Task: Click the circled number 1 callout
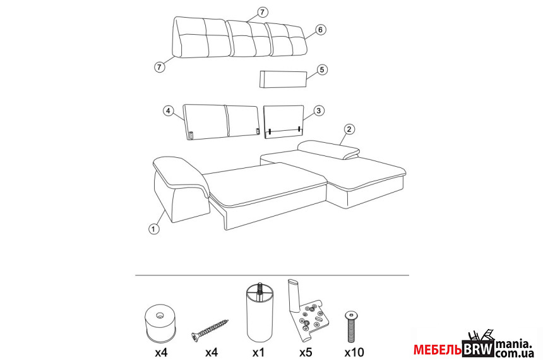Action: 153,229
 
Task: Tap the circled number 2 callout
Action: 349,129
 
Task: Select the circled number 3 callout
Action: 319,111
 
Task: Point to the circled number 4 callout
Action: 168,111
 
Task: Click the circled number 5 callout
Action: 322,69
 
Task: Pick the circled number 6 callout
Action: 320,30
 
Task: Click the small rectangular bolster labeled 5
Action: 283,80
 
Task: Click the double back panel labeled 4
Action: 221,122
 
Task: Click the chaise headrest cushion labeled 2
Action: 329,149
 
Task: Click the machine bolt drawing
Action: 352,326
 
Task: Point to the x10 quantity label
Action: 354,352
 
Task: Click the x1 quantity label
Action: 258,352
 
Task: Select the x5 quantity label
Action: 306,352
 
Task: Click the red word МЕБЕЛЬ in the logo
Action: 438,350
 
